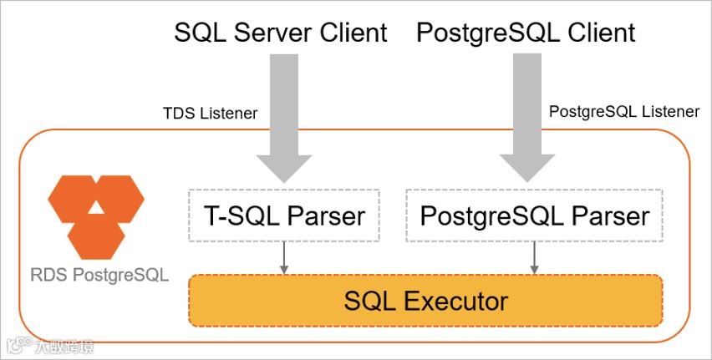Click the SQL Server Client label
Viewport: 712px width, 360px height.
281,33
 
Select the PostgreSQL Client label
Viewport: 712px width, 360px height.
526,33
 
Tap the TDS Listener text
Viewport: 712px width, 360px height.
210,113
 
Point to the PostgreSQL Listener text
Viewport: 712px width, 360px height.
623,112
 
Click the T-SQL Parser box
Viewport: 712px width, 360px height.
284,216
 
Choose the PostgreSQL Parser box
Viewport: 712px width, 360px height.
534,216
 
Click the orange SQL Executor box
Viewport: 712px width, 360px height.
425,300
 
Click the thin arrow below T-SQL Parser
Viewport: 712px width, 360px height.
285,258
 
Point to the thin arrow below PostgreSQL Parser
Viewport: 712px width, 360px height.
534,258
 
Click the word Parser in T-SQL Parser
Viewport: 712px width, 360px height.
327,216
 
